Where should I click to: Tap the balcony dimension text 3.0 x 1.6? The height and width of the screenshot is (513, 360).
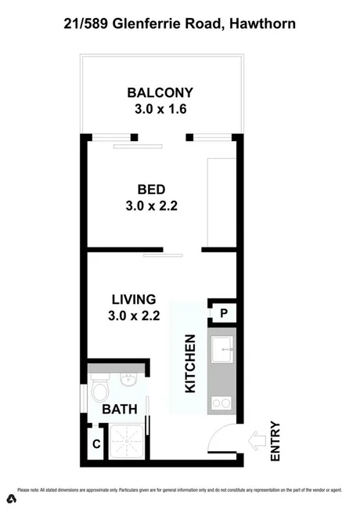[x=160, y=109]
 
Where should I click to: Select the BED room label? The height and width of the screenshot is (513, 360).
[x=152, y=190]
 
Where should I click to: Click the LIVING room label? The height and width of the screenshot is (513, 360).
[x=134, y=300]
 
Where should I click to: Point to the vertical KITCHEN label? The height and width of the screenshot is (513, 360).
[x=189, y=363]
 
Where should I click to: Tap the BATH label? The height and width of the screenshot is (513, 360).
[x=121, y=408]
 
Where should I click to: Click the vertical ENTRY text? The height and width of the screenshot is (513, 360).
[x=275, y=441]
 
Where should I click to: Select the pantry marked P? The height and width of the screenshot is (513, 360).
[x=224, y=314]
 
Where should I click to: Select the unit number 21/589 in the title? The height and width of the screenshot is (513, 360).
[x=88, y=25]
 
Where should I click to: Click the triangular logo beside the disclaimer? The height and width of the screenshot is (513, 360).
[x=11, y=498]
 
